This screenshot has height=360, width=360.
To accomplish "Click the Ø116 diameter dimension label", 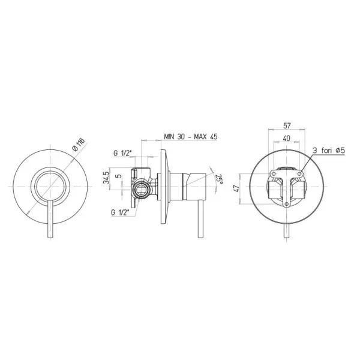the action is [79, 145].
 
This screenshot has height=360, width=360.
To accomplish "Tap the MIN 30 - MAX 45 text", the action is [191, 137].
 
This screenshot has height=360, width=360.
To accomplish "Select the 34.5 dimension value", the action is [106, 178].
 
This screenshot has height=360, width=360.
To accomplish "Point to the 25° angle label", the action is [220, 179].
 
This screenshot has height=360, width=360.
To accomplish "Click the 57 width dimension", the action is [287, 125].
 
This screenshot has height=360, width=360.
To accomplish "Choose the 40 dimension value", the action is [287, 138].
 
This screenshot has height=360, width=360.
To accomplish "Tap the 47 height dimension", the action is [237, 188].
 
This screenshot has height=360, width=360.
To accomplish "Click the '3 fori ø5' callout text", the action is [329, 151].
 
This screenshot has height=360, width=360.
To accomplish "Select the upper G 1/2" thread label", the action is [122, 153].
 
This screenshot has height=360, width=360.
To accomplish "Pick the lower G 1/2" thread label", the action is [120, 212].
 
